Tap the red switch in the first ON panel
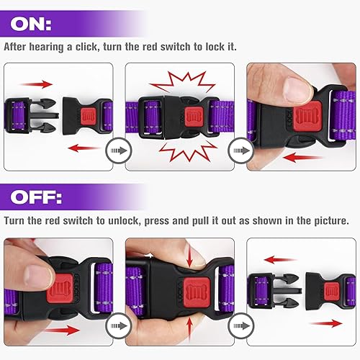pos(89,114)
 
